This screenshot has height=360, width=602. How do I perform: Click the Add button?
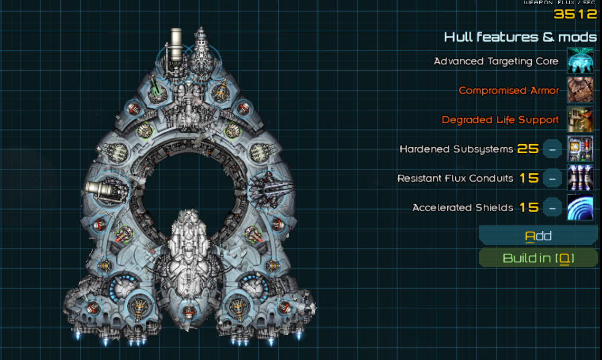point(538,236)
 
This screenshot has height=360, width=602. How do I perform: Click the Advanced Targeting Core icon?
point(580,61)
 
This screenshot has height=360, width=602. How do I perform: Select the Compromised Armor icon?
point(580,90)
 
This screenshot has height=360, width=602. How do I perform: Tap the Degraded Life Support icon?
point(580,120)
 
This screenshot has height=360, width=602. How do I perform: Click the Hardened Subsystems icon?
point(580,149)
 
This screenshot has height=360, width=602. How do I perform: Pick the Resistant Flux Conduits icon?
point(580,178)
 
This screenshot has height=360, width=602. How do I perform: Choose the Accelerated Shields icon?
point(580,207)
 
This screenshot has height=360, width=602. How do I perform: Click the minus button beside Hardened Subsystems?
point(552,149)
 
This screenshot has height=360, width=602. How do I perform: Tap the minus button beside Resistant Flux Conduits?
point(552,178)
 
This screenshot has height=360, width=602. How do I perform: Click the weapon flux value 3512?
point(575,14)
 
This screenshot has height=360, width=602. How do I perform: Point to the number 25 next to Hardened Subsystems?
point(528,149)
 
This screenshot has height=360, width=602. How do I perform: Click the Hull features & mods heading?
point(520,37)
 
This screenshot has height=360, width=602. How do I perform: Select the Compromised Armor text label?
point(509,90)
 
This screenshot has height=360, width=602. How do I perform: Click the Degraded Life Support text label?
point(500,120)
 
